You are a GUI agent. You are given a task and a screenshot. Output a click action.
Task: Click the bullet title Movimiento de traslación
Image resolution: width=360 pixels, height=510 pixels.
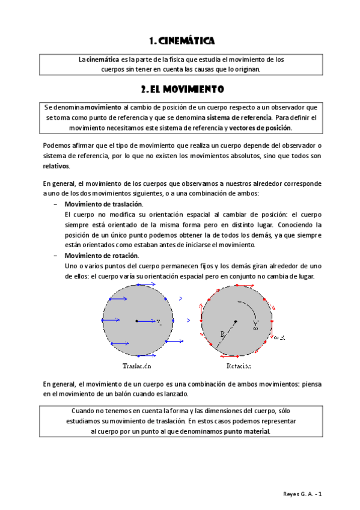coord(103,204)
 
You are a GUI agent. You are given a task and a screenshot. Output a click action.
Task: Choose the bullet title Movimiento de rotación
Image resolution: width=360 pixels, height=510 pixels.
coord(100,256)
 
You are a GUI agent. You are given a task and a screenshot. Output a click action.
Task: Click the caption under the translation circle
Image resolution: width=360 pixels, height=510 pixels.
coord(136,366)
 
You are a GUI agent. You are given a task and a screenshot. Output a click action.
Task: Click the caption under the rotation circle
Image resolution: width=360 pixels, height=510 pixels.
coord(239,366)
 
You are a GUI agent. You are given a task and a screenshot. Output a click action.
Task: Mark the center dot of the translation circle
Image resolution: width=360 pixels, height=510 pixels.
coord(136,321)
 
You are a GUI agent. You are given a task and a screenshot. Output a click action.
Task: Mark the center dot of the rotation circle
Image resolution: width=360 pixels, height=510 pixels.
coord(236,321)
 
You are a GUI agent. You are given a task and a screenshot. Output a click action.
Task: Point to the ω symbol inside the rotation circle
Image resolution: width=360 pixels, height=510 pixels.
coord(255,328)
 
